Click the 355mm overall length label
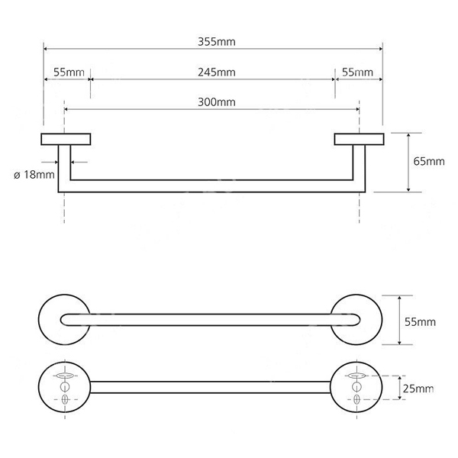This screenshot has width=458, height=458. coord(217,42)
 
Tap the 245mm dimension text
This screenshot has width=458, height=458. coord(217,73)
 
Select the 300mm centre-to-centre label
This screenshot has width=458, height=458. coord(217,102)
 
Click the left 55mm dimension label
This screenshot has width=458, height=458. coord(69,73)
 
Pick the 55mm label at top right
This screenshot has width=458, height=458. coord(357,73)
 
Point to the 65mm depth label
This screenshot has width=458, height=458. coord(429,162)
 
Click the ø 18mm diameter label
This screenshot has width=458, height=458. coord(34,175)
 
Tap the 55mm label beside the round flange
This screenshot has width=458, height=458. coord(420,322)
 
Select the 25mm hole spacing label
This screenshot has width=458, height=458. coord(418,389)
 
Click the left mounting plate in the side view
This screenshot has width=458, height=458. coord(66,140)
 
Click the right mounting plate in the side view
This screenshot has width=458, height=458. coord(360,140)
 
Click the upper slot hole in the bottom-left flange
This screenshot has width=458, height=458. coord(65,376)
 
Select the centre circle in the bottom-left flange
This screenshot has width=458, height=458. coord(65,387)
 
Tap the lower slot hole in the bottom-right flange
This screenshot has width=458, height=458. coord(356,399)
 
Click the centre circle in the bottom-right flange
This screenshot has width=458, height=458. coord(356,387)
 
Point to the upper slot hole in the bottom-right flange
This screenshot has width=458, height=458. coord(356,376)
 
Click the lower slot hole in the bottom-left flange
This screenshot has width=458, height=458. coord(65,399)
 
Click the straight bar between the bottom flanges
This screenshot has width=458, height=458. coord(211,387)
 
